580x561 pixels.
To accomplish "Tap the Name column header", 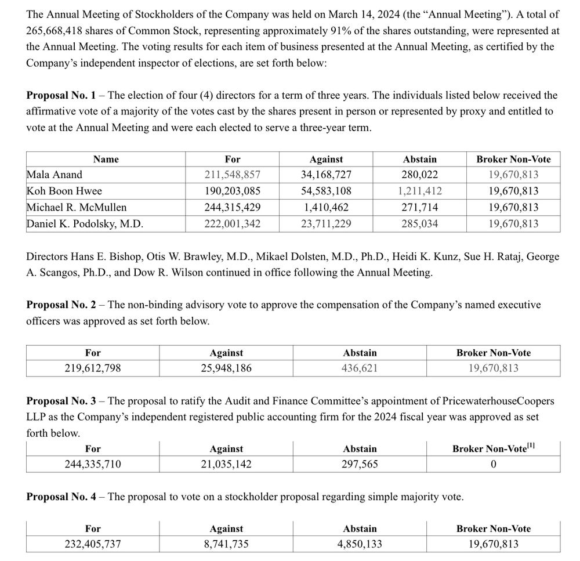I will (x=106, y=159).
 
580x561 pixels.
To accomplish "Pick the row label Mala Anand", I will (x=55, y=175).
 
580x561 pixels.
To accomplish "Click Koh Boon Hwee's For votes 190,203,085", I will (x=232, y=191).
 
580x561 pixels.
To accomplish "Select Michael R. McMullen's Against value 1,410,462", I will (x=326, y=207).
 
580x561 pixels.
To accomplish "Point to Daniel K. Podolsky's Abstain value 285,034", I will (x=419, y=223).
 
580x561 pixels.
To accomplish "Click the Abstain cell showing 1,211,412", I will (x=419, y=191).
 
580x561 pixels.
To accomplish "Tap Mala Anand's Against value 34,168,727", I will (x=326, y=175).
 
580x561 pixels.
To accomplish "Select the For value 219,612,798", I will (x=93, y=368).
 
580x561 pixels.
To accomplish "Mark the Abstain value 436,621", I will (x=360, y=368).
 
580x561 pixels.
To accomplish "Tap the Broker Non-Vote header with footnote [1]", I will (x=493, y=448).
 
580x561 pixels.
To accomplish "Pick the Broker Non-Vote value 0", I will (x=493, y=464).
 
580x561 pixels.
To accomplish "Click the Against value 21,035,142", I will (x=226, y=464).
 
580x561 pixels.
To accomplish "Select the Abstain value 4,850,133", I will (x=360, y=544).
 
